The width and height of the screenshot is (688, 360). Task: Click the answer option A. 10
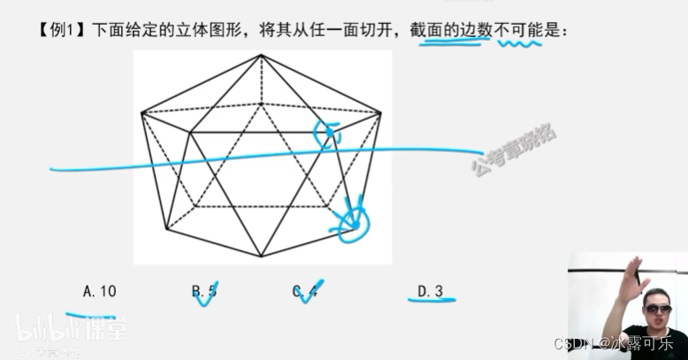click(x=99, y=290)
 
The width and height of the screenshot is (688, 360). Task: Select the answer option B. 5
click(x=204, y=290)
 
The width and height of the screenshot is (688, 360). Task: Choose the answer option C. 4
click(x=304, y=290)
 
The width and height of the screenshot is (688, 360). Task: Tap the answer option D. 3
click(x=429, y=290)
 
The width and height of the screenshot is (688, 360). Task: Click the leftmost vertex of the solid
click(x=141, y=112)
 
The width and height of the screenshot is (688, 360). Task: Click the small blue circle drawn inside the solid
click(x=326, y=133)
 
